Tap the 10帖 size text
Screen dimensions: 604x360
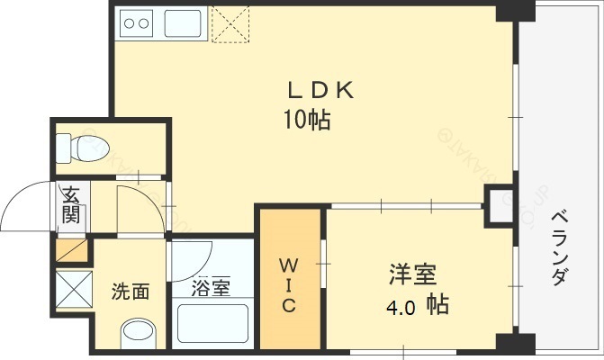(307, 120)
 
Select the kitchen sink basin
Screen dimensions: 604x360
(183, 23)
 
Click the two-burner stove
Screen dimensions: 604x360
(136, 24)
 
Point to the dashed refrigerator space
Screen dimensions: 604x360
(230, 23)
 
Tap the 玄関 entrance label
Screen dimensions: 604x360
(71, 205)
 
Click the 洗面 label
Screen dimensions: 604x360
(131, 292)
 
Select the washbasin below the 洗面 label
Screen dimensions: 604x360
(139, 333)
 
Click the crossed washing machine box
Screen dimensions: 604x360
(74, 289)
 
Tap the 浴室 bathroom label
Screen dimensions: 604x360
(211, 287)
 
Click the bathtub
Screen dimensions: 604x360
(212, 323)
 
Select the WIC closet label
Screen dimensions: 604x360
(289, 285)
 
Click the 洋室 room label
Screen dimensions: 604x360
(412, 274)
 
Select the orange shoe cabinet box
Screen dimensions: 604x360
(72, 250)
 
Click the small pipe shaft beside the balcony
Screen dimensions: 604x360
(499, 206)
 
